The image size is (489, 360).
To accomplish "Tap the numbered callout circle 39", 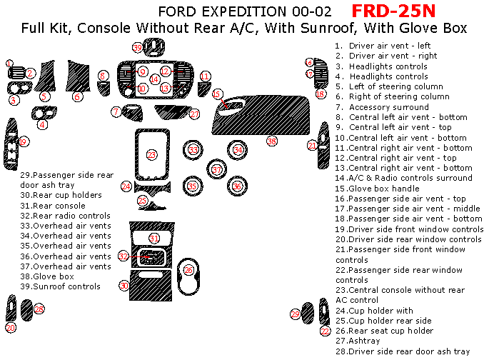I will [x=138, y=48].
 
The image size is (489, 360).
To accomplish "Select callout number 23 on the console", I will [x=152, y=154].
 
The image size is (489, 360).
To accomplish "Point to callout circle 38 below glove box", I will [x=271, y=141].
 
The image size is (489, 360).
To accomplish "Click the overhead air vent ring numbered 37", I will [x=217, y=169].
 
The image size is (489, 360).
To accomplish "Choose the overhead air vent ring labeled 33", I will [x=194, y=150].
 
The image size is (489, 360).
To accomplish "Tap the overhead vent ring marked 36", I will [x=238, y=186].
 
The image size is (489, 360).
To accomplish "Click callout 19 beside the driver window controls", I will [x=23, y=141].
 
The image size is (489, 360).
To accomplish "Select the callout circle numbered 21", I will [x=312, y=145].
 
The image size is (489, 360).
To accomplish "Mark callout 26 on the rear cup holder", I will [x=188, y=269].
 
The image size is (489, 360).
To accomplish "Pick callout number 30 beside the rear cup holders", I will [x=123, y=285].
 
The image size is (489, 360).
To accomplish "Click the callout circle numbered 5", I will [x=45, y=96].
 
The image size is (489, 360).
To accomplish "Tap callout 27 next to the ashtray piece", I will [x=195, y=114].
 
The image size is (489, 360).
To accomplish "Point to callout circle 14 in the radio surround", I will [x=155, y=79].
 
